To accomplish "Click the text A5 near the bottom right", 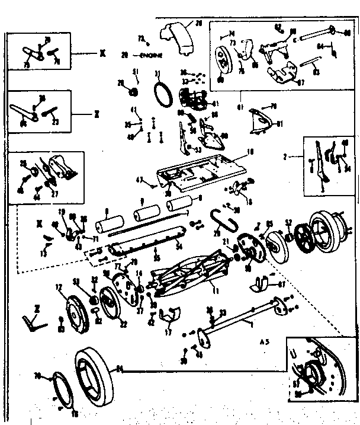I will pyautogui.click(x=265, y=341).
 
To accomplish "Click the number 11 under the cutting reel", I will pyautogui.click(x=199, y=291).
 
